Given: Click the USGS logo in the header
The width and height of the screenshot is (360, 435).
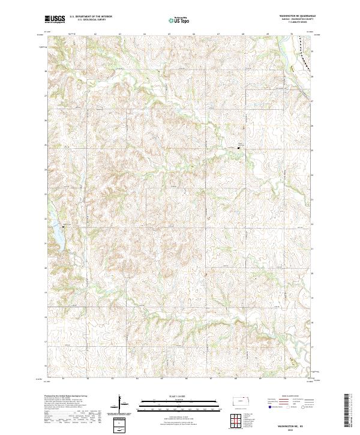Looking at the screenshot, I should coord(54,20).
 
